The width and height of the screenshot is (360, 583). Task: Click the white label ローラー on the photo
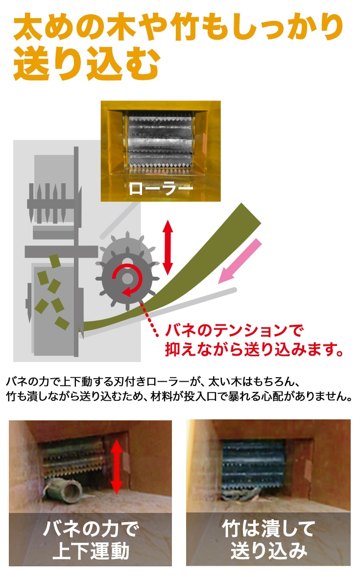tap(161, 189)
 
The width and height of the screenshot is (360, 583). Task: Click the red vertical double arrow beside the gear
tap(168, 247)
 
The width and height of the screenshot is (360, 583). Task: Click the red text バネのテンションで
tap(234, 330)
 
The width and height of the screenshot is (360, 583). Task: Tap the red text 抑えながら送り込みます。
tap(254, 349)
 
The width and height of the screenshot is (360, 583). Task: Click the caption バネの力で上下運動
tap(91, 539)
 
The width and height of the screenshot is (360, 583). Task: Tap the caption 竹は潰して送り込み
tap(268, 539)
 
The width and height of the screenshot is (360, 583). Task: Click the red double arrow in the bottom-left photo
tap(117, 466)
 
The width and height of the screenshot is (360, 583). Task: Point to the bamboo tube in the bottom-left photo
tap(62, 490)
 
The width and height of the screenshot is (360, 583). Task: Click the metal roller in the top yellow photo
tap(160, 142)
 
